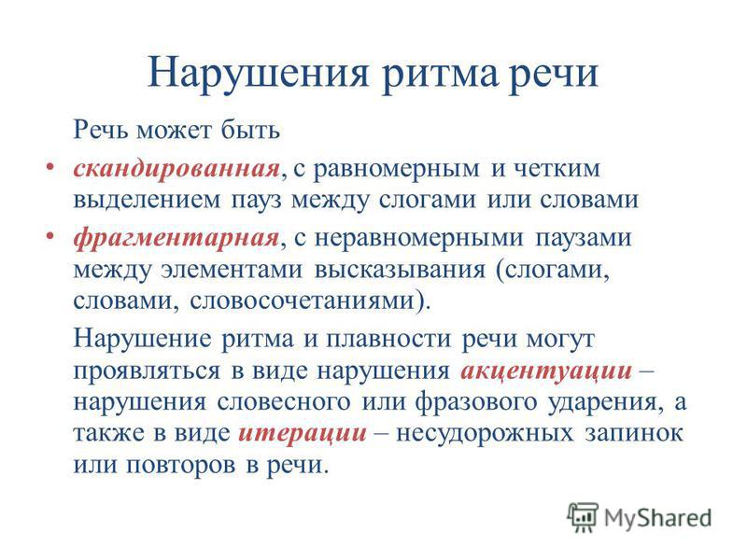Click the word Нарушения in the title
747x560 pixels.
tap(258, 74)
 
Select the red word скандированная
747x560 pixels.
tap(176, 169)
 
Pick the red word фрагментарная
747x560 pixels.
tap(176, 238)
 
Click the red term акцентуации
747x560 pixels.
tap(546, 371)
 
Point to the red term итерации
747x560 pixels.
tap(303, 434)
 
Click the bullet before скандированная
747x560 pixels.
tap(49, 167)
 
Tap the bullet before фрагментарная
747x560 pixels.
tap(49, 236)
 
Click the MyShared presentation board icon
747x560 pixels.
tap(582, 517)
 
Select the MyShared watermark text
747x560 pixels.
tap(657, 518)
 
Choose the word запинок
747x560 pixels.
tap(634, 434)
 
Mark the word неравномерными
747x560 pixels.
tap(418, 238)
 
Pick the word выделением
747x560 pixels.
tap(148, 201)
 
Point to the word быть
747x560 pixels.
tap(250, 130)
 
